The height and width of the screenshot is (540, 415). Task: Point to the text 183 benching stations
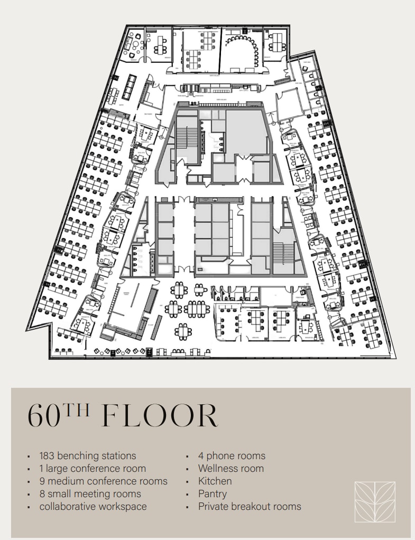coord(88,455)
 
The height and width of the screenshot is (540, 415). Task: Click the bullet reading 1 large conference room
coord(93,468)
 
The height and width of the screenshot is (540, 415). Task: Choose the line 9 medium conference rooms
coord(103,481)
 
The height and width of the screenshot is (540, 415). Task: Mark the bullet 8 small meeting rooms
coord(90,494)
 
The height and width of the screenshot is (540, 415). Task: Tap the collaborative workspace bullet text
coord(93,506)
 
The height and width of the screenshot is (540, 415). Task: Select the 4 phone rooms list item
coord(232,455)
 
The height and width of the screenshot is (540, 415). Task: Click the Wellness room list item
coord(230,468)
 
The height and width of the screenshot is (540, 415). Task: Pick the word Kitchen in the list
coord(215,481)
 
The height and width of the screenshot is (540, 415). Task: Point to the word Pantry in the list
coord(213,494)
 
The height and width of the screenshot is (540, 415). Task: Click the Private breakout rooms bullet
coord(250,506)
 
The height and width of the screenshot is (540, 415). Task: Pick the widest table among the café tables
coord(196,308)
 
